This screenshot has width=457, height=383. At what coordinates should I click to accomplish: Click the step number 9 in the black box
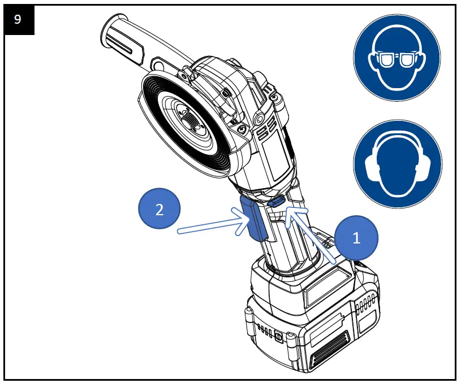(x=18, y=19)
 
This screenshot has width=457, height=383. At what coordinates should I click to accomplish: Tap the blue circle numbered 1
(x=356, y=238)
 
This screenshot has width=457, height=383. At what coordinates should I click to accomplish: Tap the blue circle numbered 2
(x=159, y=210)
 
